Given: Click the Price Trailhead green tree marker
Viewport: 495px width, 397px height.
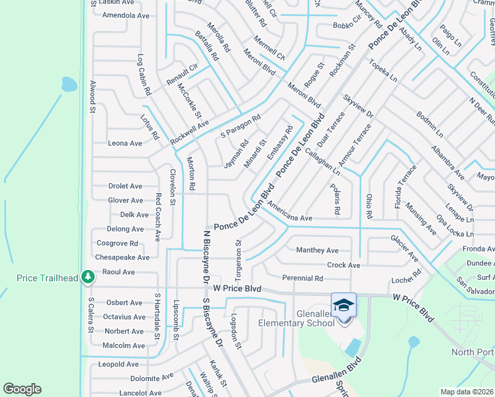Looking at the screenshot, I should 87,277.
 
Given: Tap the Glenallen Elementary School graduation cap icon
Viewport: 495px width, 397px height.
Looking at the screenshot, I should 343,305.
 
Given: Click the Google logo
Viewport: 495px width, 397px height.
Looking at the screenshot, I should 22,389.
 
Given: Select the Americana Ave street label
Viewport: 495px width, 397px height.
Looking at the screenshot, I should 289,218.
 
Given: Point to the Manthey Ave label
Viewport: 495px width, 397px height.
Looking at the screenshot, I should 317,250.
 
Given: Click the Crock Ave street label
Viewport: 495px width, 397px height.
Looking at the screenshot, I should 343,265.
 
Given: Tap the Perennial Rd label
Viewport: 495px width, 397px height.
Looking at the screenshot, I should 302,279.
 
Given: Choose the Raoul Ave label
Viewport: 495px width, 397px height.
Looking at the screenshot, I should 118,272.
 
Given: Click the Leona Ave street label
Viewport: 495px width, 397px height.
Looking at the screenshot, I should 125,143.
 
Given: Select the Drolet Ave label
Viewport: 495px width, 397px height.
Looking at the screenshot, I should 125,187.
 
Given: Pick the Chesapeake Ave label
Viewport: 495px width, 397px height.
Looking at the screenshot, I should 122,257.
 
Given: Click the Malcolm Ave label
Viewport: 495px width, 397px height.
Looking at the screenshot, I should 124,345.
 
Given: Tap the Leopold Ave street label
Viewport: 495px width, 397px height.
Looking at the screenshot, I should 118,364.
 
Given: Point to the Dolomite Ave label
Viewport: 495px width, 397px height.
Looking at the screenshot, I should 152,378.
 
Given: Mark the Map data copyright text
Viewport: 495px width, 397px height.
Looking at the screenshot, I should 467,392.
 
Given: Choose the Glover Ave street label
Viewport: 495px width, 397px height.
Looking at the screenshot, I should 125,200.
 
